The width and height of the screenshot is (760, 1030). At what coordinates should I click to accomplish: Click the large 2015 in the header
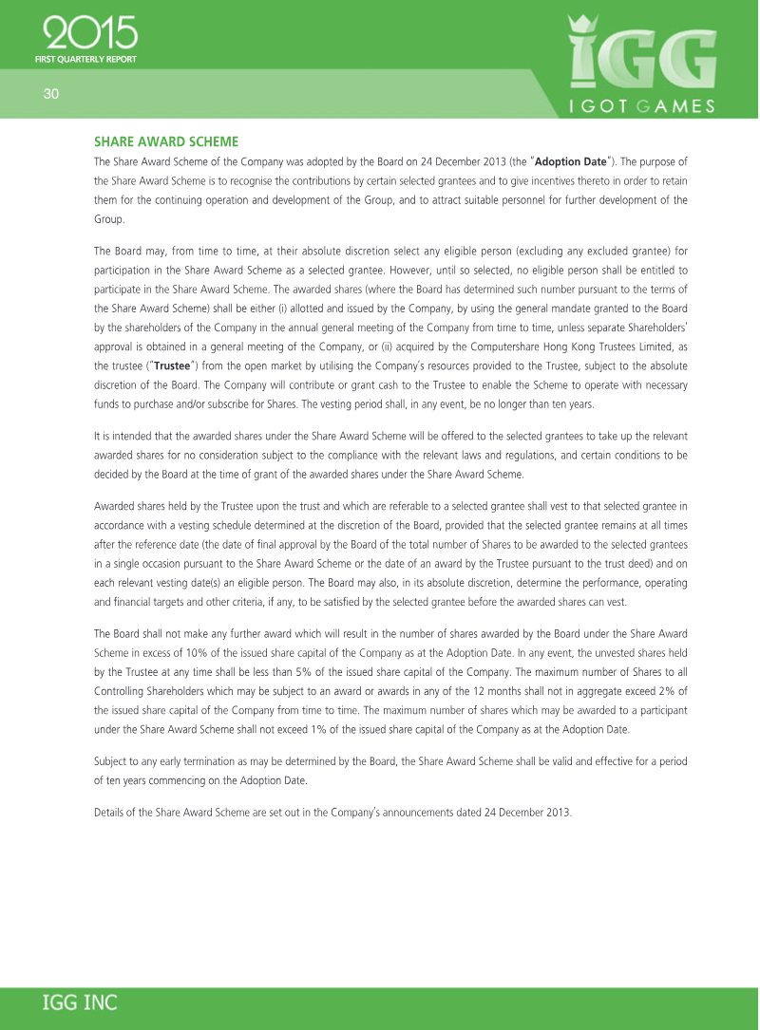90,34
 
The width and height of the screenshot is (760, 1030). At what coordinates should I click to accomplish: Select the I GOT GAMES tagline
641,106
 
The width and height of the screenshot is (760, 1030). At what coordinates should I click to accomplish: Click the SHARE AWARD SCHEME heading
165,141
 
